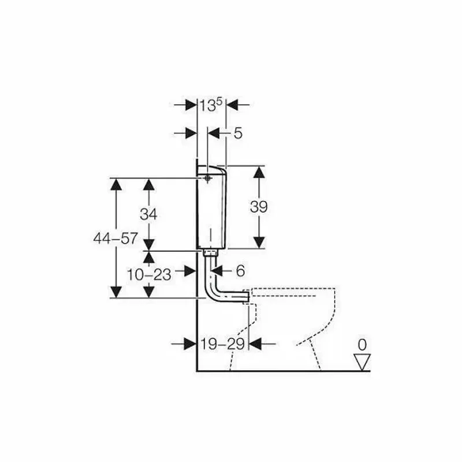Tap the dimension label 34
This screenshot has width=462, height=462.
(x=148, y=214)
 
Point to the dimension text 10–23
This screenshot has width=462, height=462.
(x=149, y=274)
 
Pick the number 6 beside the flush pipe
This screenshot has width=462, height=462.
(x=241, y=270)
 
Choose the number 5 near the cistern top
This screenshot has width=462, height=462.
(x=238, y=133)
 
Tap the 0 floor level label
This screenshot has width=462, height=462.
(x=362, y=345)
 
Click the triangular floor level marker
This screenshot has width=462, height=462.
(x=362, y=362)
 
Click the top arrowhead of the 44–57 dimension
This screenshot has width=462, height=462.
(x=117, y=185)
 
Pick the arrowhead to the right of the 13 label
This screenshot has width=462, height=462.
(x=232, y=105)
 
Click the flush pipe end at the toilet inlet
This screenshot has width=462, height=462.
(x=246, y=297)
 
